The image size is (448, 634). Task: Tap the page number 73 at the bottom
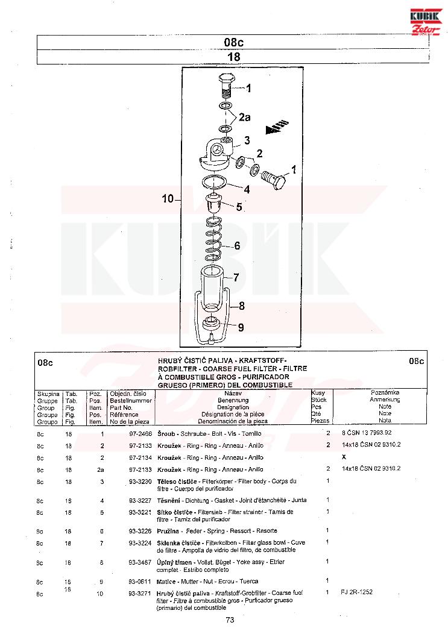pyautogui.click(x=230, y=620)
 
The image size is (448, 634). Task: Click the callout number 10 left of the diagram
pyautogui.click(x=168, y=199)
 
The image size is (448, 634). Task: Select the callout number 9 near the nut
pyautogui.click(x=241, y=328)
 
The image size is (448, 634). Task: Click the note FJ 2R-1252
pyautogui.click(x=356, y=592)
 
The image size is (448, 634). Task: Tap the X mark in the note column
pyautogui.click(x=344, y=457)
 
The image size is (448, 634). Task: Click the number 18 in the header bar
pyautogui.click(x=233, y=57)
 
